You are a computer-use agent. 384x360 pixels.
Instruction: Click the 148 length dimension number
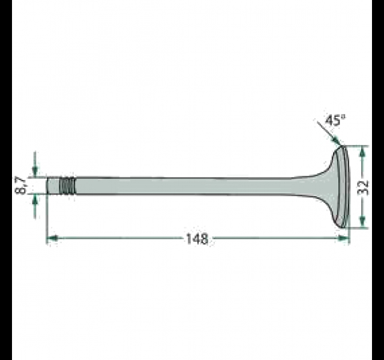pos(197,239)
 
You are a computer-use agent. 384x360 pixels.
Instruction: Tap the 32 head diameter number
pos(363,187)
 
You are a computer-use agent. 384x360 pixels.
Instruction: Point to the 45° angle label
pos(335,121)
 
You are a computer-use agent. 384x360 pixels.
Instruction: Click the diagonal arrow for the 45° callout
pos(328,132)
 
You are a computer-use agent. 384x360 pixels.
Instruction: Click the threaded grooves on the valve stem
pos(67,186)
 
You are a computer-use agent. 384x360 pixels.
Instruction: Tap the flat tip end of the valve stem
pos(47,185)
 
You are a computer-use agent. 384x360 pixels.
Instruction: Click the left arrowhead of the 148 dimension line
pos(52,238)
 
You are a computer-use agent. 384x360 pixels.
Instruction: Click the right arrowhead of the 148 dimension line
pos(343,238)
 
